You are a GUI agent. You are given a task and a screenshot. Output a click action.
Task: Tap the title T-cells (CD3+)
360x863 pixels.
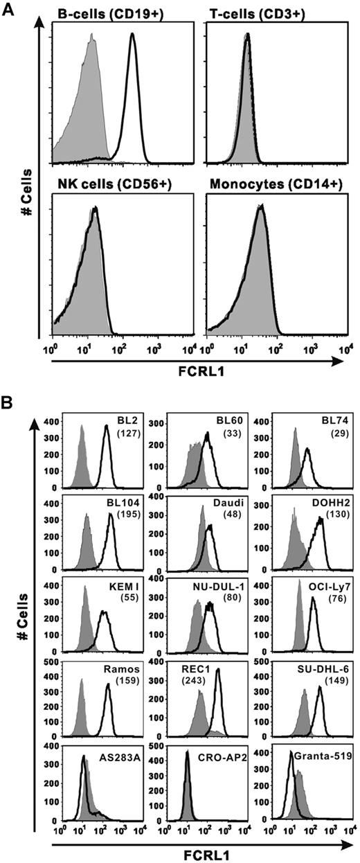(262, 11)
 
